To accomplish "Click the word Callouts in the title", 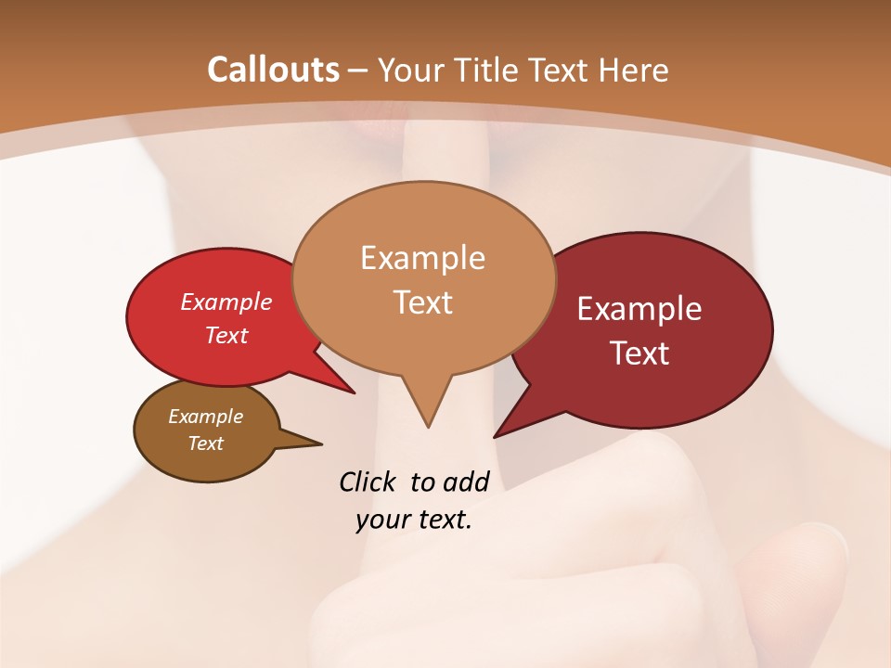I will click(x=273, y=70).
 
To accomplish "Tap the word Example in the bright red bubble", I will click(x=226, y=302).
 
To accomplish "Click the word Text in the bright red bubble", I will click(x=226, y=335).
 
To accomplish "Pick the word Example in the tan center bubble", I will click(x=422, y=257).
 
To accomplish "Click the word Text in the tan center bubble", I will click(x=423, y=302).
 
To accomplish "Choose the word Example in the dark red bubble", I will click(x=639, y=309).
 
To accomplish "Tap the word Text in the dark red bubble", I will click(x=640, y=353).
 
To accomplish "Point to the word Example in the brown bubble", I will click(x=205, y=417).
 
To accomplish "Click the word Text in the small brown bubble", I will click(x=205, y=443).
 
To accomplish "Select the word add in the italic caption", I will click(x=466, y=482).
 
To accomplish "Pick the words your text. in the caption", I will click(x=414, y=520).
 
